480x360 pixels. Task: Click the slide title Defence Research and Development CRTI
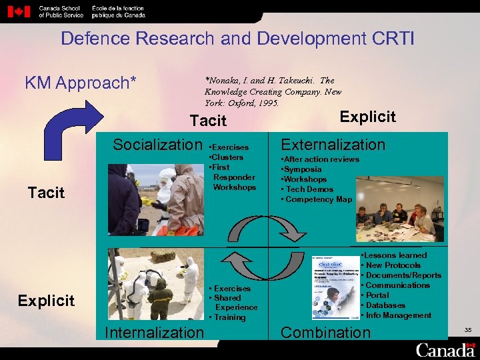pyautogui.click(x=237, y=38)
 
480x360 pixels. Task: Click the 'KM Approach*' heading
pyautogui.click(x=81, y=83)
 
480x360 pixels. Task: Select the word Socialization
pyautogui.click(x=157, y=145)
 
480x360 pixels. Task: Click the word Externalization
pyautogui.click(x=333, y=145)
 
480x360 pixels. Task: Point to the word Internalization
pyautogui.click(x=155, y=332)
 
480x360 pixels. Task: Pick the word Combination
pyautogui.click(x=325, y=332)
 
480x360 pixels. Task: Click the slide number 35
pyautogui.click(x=467, y=329)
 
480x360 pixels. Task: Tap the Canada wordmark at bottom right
pyautogui.click(x=445, y=349)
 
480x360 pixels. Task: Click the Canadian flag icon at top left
pyautogui.click(x=21, y=11)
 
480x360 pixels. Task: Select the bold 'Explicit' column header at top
pyautogui.click(x=367, y=117)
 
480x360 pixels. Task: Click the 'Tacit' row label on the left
pyautogui.click(x=46, y=193)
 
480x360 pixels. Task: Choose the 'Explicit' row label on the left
pyautogui.click(x=46, y=300)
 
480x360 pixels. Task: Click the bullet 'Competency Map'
pyautogui.click(x=319, y=199)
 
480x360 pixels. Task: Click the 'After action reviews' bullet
pyautogui.click(x=321, y=159)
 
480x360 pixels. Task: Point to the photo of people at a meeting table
pyautogui.click(x=399, y=209)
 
